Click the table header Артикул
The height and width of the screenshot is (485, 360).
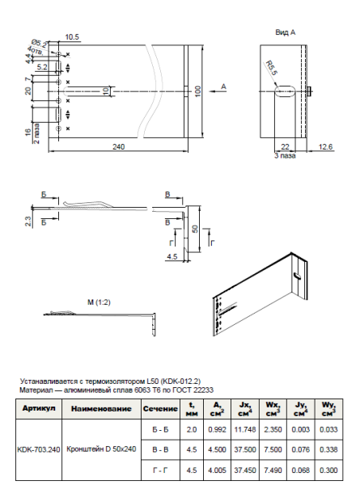pyautogui.click(x=38, y=410)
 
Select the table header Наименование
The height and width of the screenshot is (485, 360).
pyautogui.click(x=101, y=410)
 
